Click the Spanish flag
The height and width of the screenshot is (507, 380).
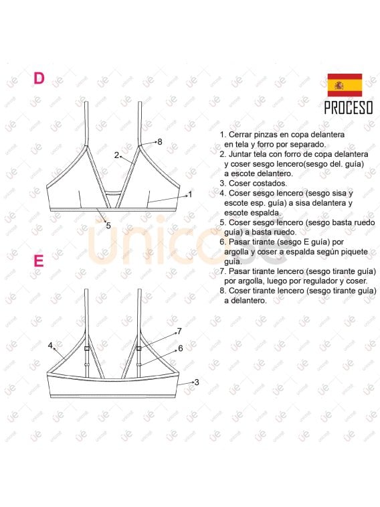point(344,85)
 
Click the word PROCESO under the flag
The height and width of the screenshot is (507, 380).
point(348,108)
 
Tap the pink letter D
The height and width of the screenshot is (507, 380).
point(39,78)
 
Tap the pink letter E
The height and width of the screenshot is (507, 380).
point(39,261)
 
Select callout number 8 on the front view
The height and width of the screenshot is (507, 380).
point(159,141)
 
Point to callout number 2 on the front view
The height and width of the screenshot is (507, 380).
point(116,155)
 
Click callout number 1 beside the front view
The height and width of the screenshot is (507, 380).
point(190,194)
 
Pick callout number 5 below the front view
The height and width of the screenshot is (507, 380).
point(108,225)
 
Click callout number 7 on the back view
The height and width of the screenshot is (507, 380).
point(179,331)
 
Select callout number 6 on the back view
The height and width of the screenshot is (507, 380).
point(180,348)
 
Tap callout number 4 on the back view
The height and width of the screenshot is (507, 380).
point(50,346)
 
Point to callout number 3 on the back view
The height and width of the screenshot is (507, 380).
point(197,382)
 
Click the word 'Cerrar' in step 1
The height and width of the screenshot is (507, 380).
point(242,135)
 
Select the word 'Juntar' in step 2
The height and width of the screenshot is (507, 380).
point(242,154)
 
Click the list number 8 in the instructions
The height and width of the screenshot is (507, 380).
point(222,291)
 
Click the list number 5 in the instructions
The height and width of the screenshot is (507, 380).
point(222,222)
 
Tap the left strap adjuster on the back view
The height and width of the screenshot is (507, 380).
point(87,349)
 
